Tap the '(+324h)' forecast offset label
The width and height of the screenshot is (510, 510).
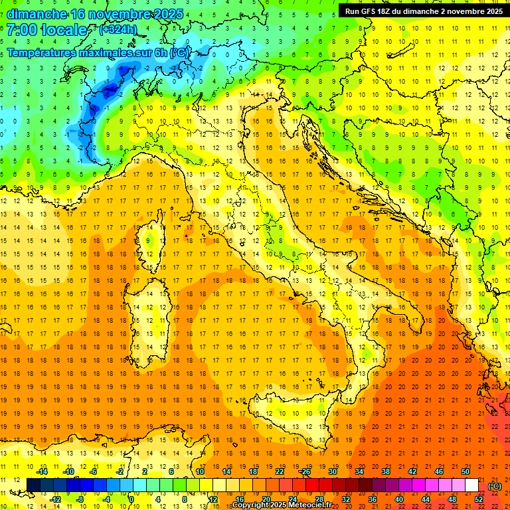click(x=118, y=29)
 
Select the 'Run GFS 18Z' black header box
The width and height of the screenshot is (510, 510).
click(x=423, y=11)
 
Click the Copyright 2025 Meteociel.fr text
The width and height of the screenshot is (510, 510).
click(x=286, y=505)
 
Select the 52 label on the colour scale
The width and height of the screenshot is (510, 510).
click(x=479, y=499)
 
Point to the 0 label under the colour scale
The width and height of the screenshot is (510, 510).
click(x=131, y=499)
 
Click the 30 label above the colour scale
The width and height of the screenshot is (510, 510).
click(x=332, y=471)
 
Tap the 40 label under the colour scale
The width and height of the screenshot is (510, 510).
click(x=399, y=499)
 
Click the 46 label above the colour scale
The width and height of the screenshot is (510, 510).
click(x=438, y=471)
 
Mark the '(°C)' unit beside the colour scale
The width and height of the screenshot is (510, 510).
click(x=495, y=486)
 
